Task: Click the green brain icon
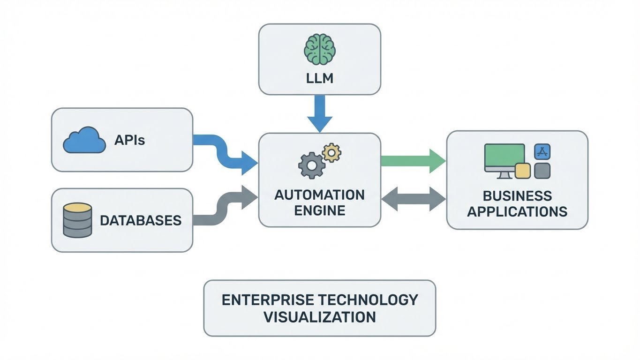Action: (x=319, y=48)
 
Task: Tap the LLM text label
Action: (x=319, y=78)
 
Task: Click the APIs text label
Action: (x=129, y=140)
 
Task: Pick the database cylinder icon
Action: (x=77, y=220)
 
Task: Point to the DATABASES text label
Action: (x=141, y=220)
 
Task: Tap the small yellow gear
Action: (x=331, y=152)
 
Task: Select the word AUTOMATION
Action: (x=319, y=195)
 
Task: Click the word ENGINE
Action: (x=319, y=210)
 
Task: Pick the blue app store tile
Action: (x=542, y=152)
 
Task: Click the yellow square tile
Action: (x=522, y=171)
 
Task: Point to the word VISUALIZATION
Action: (x=319, y=316)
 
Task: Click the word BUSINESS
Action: (x=517, y=195)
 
